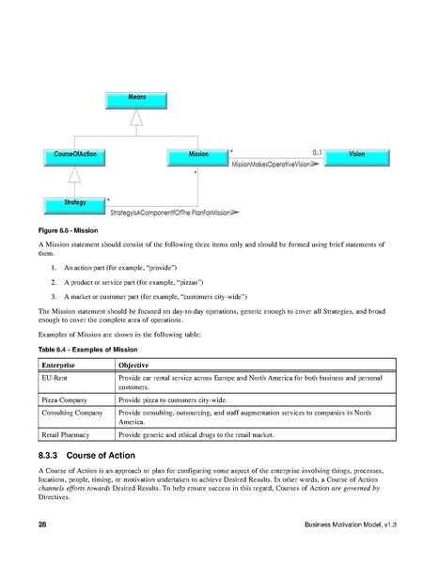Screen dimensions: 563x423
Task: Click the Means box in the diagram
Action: click(137, 97)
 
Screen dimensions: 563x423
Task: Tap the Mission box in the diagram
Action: click(198, 152)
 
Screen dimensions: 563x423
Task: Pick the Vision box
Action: click(356, 152)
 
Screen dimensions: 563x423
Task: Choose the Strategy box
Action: click(75, 202)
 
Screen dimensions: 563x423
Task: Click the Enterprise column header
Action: click(59, 362)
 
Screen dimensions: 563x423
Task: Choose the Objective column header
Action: click(137, 362)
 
